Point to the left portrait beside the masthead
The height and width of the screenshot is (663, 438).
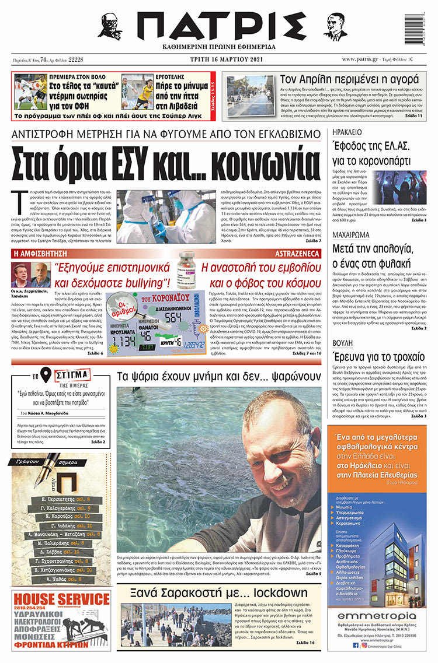pyautogui.click(x=109, y=26)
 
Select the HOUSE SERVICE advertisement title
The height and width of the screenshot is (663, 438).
pyautogui.click(x=61, y=599)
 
